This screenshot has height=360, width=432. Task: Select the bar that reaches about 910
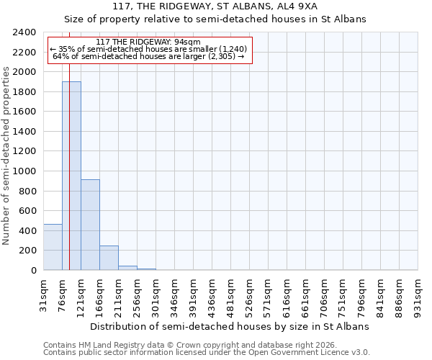tap(90, 225)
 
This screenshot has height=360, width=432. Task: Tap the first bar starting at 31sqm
tap(53, 247)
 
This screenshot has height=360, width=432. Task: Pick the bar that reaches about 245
tap(109, 258)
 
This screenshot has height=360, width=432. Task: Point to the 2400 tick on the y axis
tap(24, 32)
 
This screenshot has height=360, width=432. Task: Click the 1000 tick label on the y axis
tap(24, 171)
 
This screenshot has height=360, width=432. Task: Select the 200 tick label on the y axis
tap(27, 251)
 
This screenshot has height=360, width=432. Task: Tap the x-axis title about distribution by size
tap(230, 326)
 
